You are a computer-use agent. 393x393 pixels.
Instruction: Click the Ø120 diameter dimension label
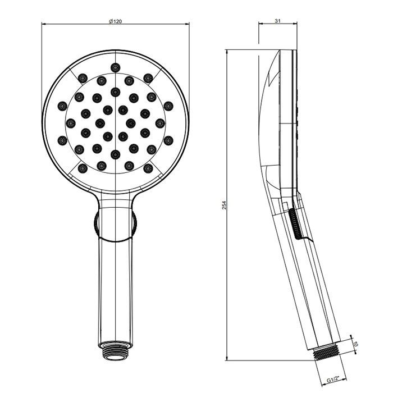click(x=115, y=21)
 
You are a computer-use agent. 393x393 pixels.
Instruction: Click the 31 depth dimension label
click(x=278, y=21)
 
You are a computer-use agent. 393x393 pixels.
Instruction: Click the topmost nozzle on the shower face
click(x=115, y=67)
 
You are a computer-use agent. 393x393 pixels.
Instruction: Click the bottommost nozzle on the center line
click(x=115, y=154)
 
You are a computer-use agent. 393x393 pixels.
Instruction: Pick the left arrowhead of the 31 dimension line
click(x=259, y=24)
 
